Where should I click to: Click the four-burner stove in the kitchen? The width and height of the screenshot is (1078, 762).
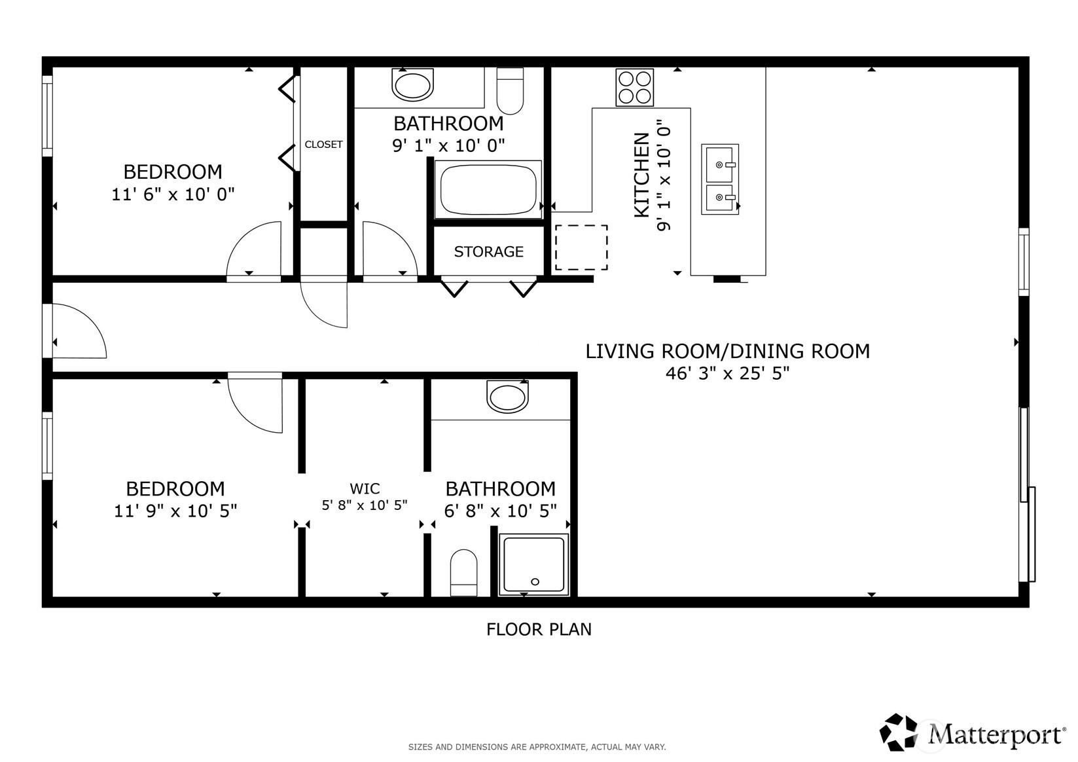tap(634, 87)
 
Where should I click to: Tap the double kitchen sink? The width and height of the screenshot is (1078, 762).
tap(719, 179)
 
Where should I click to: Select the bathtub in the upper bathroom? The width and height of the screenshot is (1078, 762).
tap(488, 190)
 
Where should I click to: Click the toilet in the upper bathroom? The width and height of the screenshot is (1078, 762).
tap(510, 91)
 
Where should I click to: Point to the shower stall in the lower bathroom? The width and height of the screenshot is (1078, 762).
tap(533, 564)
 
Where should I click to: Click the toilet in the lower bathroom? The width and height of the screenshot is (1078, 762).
tap(463, 573)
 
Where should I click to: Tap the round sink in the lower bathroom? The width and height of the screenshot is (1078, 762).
tap(507, 397)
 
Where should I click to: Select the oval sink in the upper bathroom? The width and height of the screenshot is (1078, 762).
tap(412, 84)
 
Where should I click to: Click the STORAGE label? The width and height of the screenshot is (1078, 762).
tap(488, 252)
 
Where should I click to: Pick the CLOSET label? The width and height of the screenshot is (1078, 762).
tap(323, 145)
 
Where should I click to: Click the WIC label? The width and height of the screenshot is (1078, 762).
tap(365, 488)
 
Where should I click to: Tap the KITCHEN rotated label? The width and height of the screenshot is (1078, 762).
tap(642, 175)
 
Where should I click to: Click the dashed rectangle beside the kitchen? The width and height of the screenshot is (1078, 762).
tap(581, 247)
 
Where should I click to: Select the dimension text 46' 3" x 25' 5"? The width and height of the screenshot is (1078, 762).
tap(727, 373)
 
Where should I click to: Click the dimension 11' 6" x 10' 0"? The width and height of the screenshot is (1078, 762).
tap(173, 194)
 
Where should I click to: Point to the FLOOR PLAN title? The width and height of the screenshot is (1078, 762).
tap(539, 630)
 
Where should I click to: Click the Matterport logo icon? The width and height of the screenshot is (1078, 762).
tap(898, 732)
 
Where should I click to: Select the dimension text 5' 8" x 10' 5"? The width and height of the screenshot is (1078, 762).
tap(365, 505)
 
